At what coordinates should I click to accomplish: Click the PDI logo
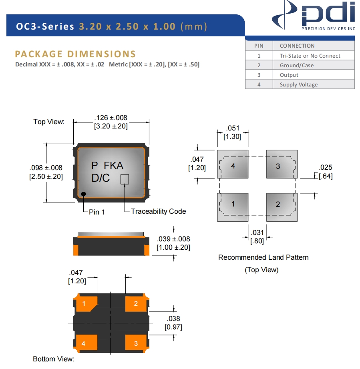314,16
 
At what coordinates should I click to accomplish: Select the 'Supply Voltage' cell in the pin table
299,84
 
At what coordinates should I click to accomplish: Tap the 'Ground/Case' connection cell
297,65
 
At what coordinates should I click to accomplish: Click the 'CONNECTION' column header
297,46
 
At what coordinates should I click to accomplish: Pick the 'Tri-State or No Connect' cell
310,56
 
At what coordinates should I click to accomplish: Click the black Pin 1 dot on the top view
84,194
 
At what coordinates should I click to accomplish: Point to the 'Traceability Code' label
159,211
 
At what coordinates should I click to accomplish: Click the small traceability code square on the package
125,179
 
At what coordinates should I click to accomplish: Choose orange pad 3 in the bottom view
136,343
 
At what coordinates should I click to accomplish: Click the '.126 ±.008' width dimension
111,118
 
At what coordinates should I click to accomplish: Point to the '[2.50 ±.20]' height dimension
46,176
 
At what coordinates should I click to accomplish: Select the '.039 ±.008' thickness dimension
173,239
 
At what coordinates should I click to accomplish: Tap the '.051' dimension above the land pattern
233,128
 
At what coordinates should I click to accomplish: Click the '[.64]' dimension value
326,176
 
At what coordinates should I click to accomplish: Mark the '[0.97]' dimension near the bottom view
173,327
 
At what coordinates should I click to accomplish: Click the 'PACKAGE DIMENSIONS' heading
75,54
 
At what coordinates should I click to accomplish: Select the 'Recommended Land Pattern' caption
263,257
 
